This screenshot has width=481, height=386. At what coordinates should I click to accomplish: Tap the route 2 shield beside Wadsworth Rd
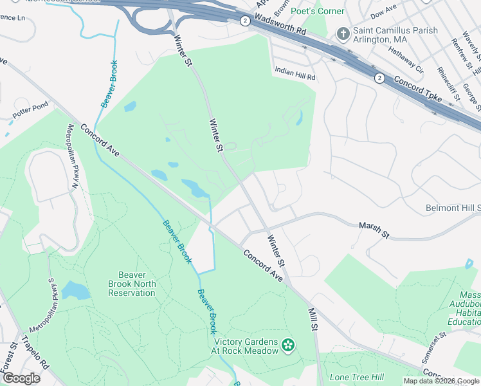(245, 21)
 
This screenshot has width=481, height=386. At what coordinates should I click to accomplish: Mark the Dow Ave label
(385, 12)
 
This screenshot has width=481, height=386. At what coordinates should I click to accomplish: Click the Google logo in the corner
(21, 378)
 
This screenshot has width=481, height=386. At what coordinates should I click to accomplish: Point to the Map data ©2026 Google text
(441, 381)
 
